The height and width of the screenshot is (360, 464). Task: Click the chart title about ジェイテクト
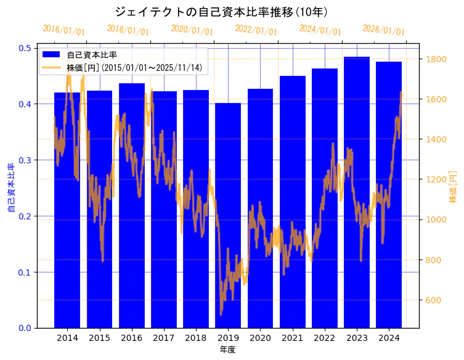pos(221,12)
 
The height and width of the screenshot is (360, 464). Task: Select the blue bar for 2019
pos(228,216)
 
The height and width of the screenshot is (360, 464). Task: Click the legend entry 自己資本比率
pos(92,55)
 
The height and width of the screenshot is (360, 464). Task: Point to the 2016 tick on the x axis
pos(131,338)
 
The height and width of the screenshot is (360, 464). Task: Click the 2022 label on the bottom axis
pos(325,338)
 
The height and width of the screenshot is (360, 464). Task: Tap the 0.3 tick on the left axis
pos(26,160)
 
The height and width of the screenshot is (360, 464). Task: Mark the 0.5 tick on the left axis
pos(26,48)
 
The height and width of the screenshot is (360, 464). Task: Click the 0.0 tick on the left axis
pos(26,328)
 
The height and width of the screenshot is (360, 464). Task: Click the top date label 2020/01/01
pos(192,30)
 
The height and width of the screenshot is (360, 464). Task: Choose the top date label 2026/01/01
pos(383,30)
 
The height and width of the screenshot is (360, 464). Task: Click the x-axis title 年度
pos(227,350)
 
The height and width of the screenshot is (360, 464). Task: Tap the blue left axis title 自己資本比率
pos(11,188)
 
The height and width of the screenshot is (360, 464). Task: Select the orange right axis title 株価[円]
pos(453,187)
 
